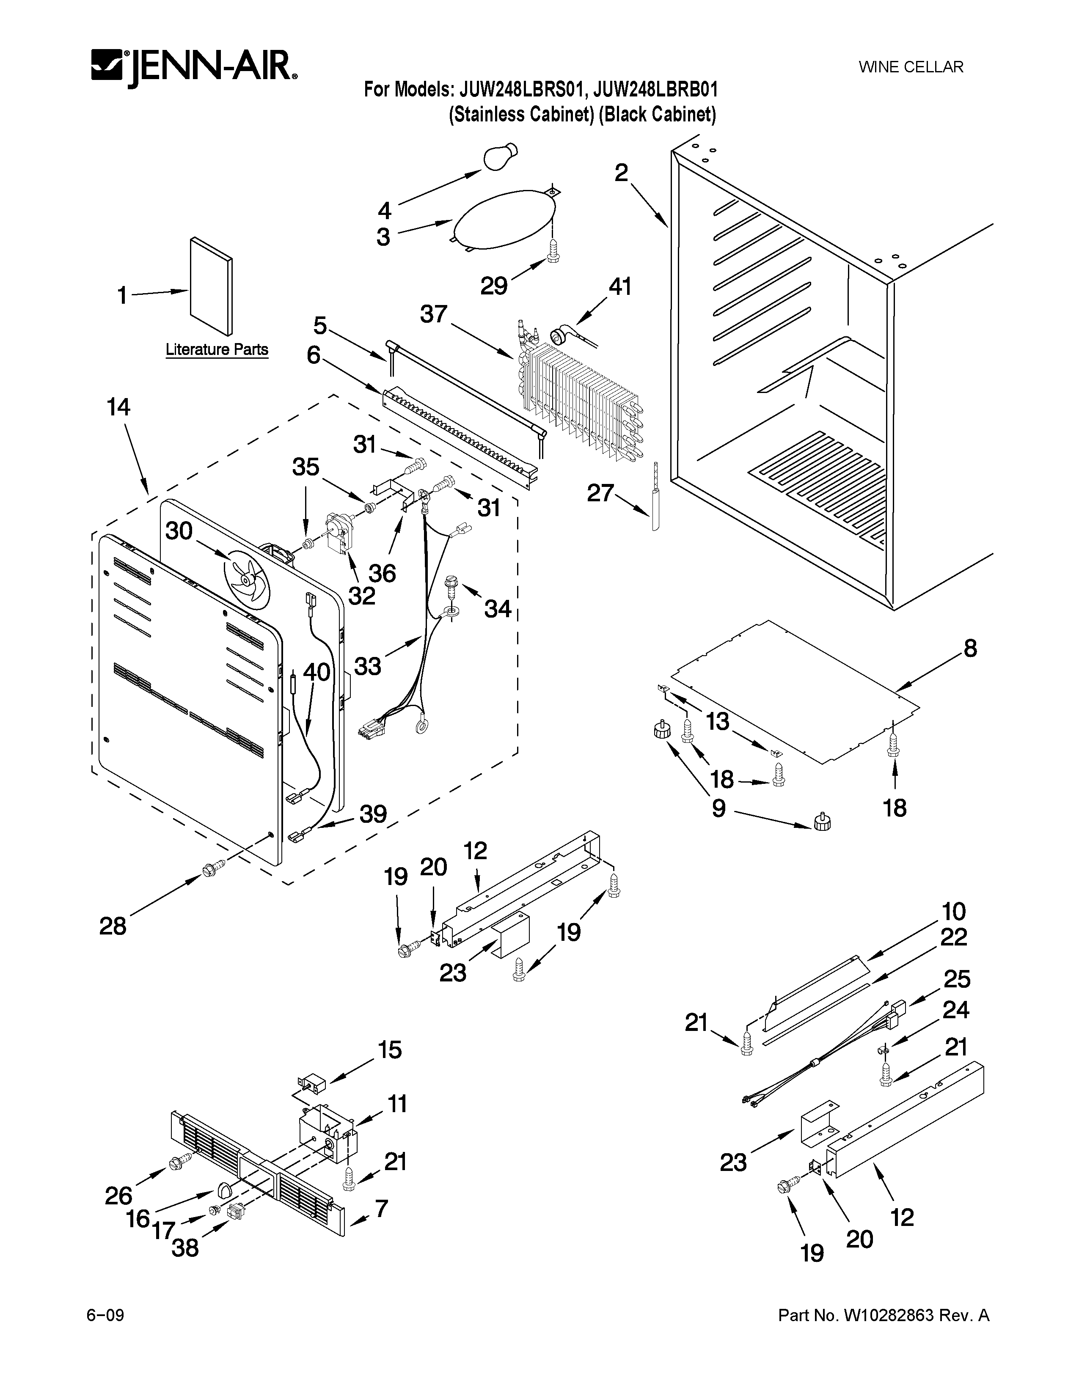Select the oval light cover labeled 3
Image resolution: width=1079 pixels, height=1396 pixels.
point(503,219)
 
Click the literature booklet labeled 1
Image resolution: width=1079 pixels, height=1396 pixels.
point(211,286)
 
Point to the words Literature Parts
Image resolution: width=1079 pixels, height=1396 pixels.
point(217,350)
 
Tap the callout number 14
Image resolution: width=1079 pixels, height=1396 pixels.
point(119,407)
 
